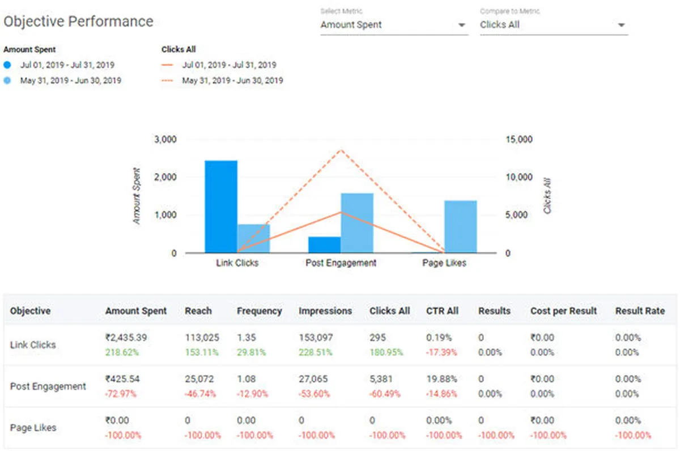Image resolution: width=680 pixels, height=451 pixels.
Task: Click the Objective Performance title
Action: [x=78, y=22]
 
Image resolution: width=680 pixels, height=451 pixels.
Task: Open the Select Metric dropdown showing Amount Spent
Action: [x=394, y=25]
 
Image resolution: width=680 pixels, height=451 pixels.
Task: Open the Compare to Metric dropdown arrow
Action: [x=621, y=25]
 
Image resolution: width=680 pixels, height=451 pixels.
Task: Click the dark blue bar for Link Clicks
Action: [x=221, y=206]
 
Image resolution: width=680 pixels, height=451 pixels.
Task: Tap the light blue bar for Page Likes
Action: [x=460, y=226]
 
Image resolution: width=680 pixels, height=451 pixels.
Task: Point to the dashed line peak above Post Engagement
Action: [x=341, y=150]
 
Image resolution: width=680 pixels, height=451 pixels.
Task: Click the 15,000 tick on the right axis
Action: [x=518, y=140]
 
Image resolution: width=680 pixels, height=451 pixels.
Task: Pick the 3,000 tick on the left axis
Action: [x=165, y=140]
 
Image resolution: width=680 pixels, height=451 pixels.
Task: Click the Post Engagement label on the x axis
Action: [x=341, y=263]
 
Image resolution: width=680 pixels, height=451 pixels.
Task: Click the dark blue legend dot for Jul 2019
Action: [x=7, y=65]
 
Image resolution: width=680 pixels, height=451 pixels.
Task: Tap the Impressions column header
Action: [x=325, y=311]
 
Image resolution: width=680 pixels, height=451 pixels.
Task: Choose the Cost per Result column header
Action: [x=563, y=311]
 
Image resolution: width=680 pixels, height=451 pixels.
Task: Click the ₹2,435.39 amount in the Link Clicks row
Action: [x=126, y=338]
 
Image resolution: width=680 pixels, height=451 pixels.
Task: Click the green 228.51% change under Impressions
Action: [x=316, y=352]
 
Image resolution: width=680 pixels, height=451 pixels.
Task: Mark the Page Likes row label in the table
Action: [x=33, y=428]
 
